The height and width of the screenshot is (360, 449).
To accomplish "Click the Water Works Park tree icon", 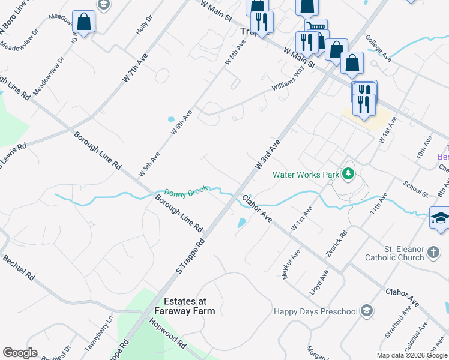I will [x=348, y=175].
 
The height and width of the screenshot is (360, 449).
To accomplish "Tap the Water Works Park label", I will [x=306, y=175].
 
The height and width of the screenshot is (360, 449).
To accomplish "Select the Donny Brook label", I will [x=186, y=191].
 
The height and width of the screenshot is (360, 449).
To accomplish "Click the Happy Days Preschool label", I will [x=315, y=311].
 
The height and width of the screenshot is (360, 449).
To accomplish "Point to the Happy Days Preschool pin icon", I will [x=367, y=311].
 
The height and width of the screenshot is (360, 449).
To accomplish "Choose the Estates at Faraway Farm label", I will [x=185, y=306].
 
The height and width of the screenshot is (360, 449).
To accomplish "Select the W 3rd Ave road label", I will [x=268, y=155].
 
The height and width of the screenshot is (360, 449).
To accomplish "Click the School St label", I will [x=415, y=190].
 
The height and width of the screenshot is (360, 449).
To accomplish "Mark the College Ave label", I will [x=378, y=49].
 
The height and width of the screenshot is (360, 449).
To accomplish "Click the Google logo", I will [x=20, y=353].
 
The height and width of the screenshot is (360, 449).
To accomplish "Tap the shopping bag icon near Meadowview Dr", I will [x=83, y=22].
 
